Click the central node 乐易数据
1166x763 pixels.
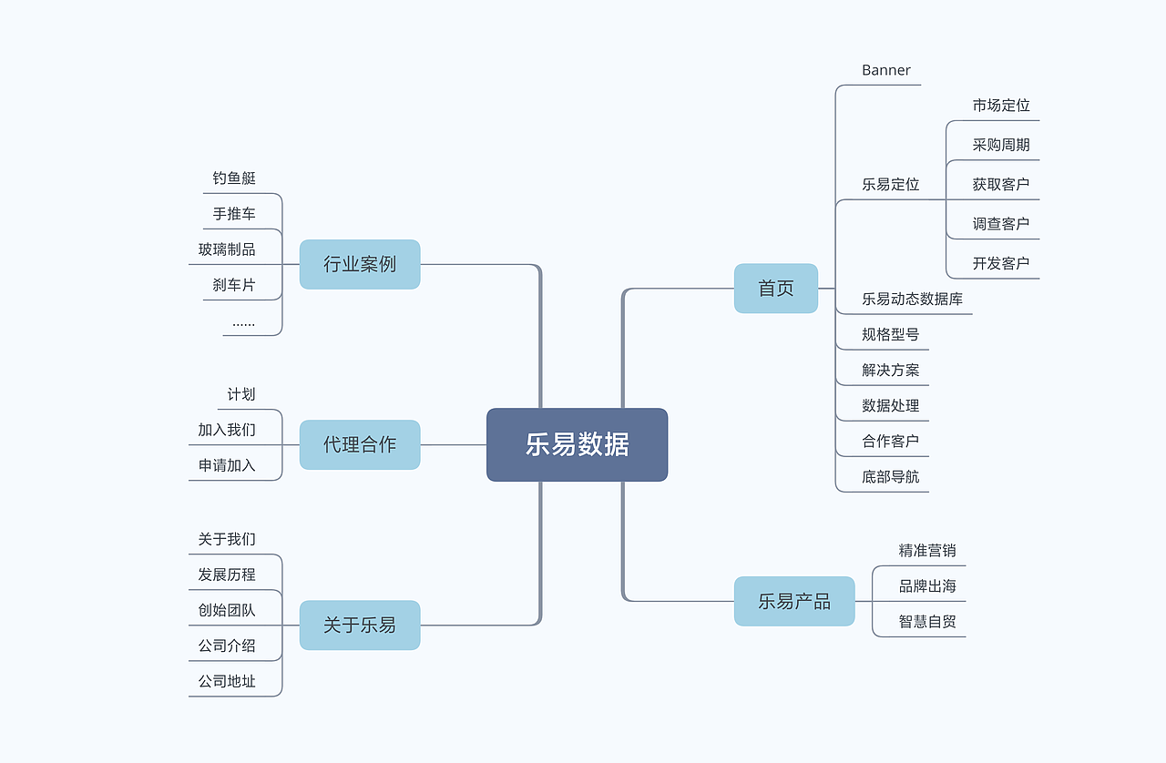[x=577, y=444]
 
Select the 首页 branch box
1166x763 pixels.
[x=776, y=289]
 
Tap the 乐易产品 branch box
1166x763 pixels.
[x=794, y=601]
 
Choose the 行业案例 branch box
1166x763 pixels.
[x=360, y=264]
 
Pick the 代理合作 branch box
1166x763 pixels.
[x=360, y=444]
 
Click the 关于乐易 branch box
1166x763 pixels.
[x=360, y=625]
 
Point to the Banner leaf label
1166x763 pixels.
[x=886, y=70]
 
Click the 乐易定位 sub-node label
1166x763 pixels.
[x=891, y=184]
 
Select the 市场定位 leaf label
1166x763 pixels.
[x=1001, y=106]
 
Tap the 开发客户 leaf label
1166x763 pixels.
[x=1001, y=263]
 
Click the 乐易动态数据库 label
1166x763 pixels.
[x=912, y=299]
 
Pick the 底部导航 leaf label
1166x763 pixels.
[x=891, y=476]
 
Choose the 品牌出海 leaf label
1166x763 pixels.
[x=927, y=585]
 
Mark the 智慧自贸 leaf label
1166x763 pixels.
[x=927, y=622]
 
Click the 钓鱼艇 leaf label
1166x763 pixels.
[x=234, y=178]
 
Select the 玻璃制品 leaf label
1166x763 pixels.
[x=227, y=249]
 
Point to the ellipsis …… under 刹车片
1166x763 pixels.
[x=243, y=321]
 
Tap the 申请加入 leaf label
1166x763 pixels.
[x=227, y=465]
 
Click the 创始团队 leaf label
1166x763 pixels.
[x=227, y=610]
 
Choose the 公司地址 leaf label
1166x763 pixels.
[x=227, y=681]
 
